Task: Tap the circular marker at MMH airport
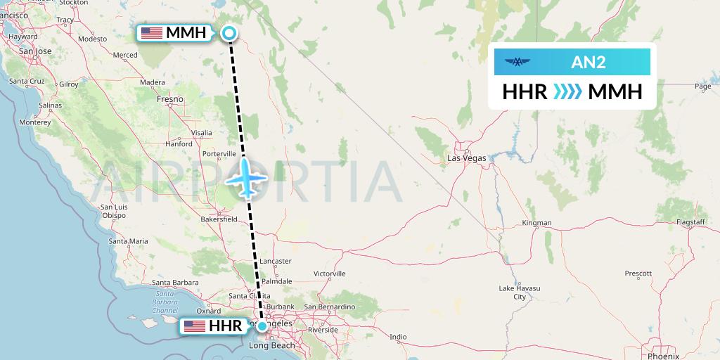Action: click(x=229, y=32)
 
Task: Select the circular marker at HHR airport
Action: click(x=262, y=326)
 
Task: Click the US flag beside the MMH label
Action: click(x=152, y=32)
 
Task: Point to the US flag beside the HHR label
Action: click(x=193, y=326)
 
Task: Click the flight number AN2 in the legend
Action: click(x=588, y=63)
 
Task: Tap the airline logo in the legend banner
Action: click(x=518, y=63)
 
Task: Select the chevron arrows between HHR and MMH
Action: click(x=567, y=91)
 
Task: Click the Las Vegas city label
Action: click(x=467, y=158)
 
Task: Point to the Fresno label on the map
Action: click(x=170, y=100)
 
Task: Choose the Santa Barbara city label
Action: click(x=174, y=283)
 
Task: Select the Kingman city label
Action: click(x=537, y=223)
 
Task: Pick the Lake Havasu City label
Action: click(x=519, y=292)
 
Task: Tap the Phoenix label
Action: click(x=663, y=356)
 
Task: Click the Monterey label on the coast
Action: click(x=35, y=122)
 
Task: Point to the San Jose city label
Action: click(x=35, y=51)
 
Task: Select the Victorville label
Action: click(x=329, y=274)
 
